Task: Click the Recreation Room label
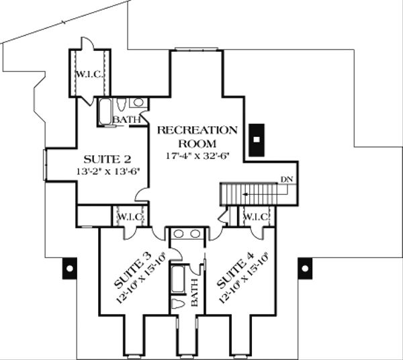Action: click(197, 137)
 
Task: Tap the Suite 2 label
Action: click(107, 160)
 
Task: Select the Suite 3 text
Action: click(132, 271)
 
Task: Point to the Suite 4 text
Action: click(236, 271)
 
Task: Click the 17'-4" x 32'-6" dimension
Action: click(197, 156)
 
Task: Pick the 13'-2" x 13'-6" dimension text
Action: click(108, 171)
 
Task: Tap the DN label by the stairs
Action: click(287, 179)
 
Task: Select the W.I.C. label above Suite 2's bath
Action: click(90, 75)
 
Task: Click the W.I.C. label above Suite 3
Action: click(130, 217)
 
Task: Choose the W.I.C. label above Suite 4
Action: click(255, 217)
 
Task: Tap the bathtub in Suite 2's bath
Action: click(105, 111)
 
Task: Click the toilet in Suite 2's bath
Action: click(120, 104)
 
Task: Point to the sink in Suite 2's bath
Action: click(138, 103)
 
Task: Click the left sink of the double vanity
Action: click(179, 234)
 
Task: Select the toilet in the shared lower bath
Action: click(179, 304)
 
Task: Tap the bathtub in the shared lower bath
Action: click(178, 279)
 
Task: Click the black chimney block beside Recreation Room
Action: click(257, 140)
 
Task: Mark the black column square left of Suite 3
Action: click(70, 269)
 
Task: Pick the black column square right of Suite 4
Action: click(305, 269)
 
